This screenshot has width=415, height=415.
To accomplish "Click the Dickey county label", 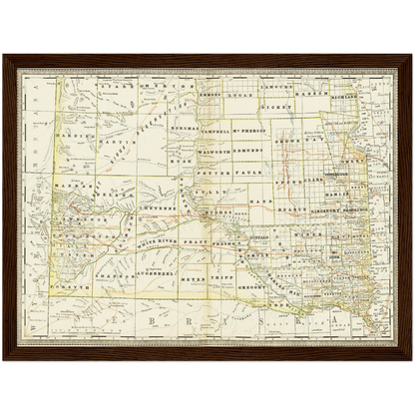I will [x=277, y=103].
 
